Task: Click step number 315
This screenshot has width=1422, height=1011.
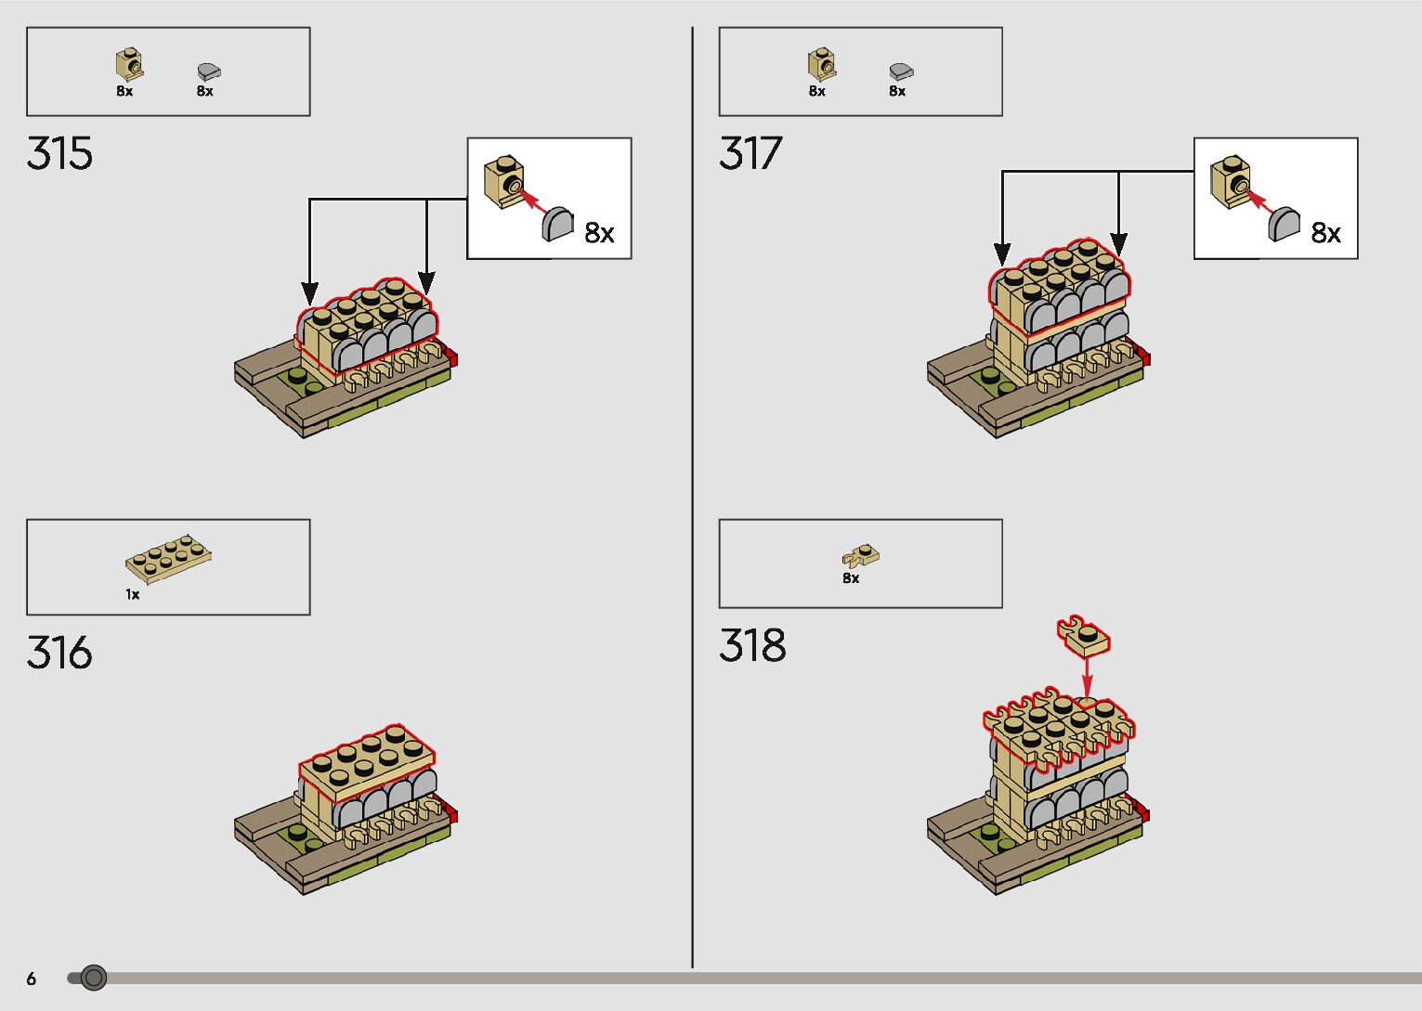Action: point(60,154)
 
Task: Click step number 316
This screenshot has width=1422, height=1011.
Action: point(60,653)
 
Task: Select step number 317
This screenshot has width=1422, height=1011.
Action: point(751,154)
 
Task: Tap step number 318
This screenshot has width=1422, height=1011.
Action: point(752,645)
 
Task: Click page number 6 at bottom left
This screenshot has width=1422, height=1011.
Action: point(32,979)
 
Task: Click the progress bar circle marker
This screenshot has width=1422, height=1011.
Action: point(94,978)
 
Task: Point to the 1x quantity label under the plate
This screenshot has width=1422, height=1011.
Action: point(133,594)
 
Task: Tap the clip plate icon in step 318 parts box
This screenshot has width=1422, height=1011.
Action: point(861,556)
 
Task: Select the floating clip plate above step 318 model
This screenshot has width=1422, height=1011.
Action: point(1083,635)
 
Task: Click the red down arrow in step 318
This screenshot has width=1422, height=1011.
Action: point(1088,676)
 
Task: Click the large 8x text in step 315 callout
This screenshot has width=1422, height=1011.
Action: point(600,233)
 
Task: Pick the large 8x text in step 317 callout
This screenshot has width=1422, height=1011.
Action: point(1326,233)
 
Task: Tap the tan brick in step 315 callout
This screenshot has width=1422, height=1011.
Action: point(502,182)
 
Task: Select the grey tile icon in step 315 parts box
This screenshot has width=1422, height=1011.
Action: point(209,71)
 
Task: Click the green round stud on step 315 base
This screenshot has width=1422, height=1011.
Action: point(297,375)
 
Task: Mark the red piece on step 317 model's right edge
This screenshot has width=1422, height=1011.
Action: point(1144,357)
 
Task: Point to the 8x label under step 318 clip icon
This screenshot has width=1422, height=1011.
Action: point(851,578)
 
